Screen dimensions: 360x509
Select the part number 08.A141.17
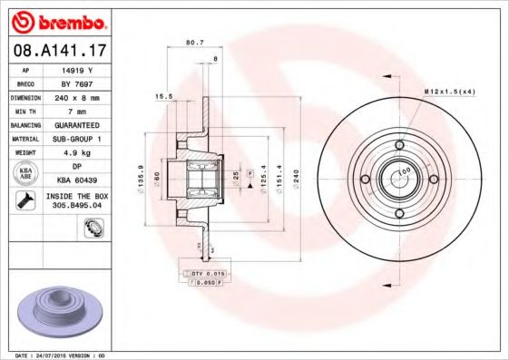point(57,51)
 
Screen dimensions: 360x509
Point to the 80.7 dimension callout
point(194,42)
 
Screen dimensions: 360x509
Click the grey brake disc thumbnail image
point(56,308)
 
